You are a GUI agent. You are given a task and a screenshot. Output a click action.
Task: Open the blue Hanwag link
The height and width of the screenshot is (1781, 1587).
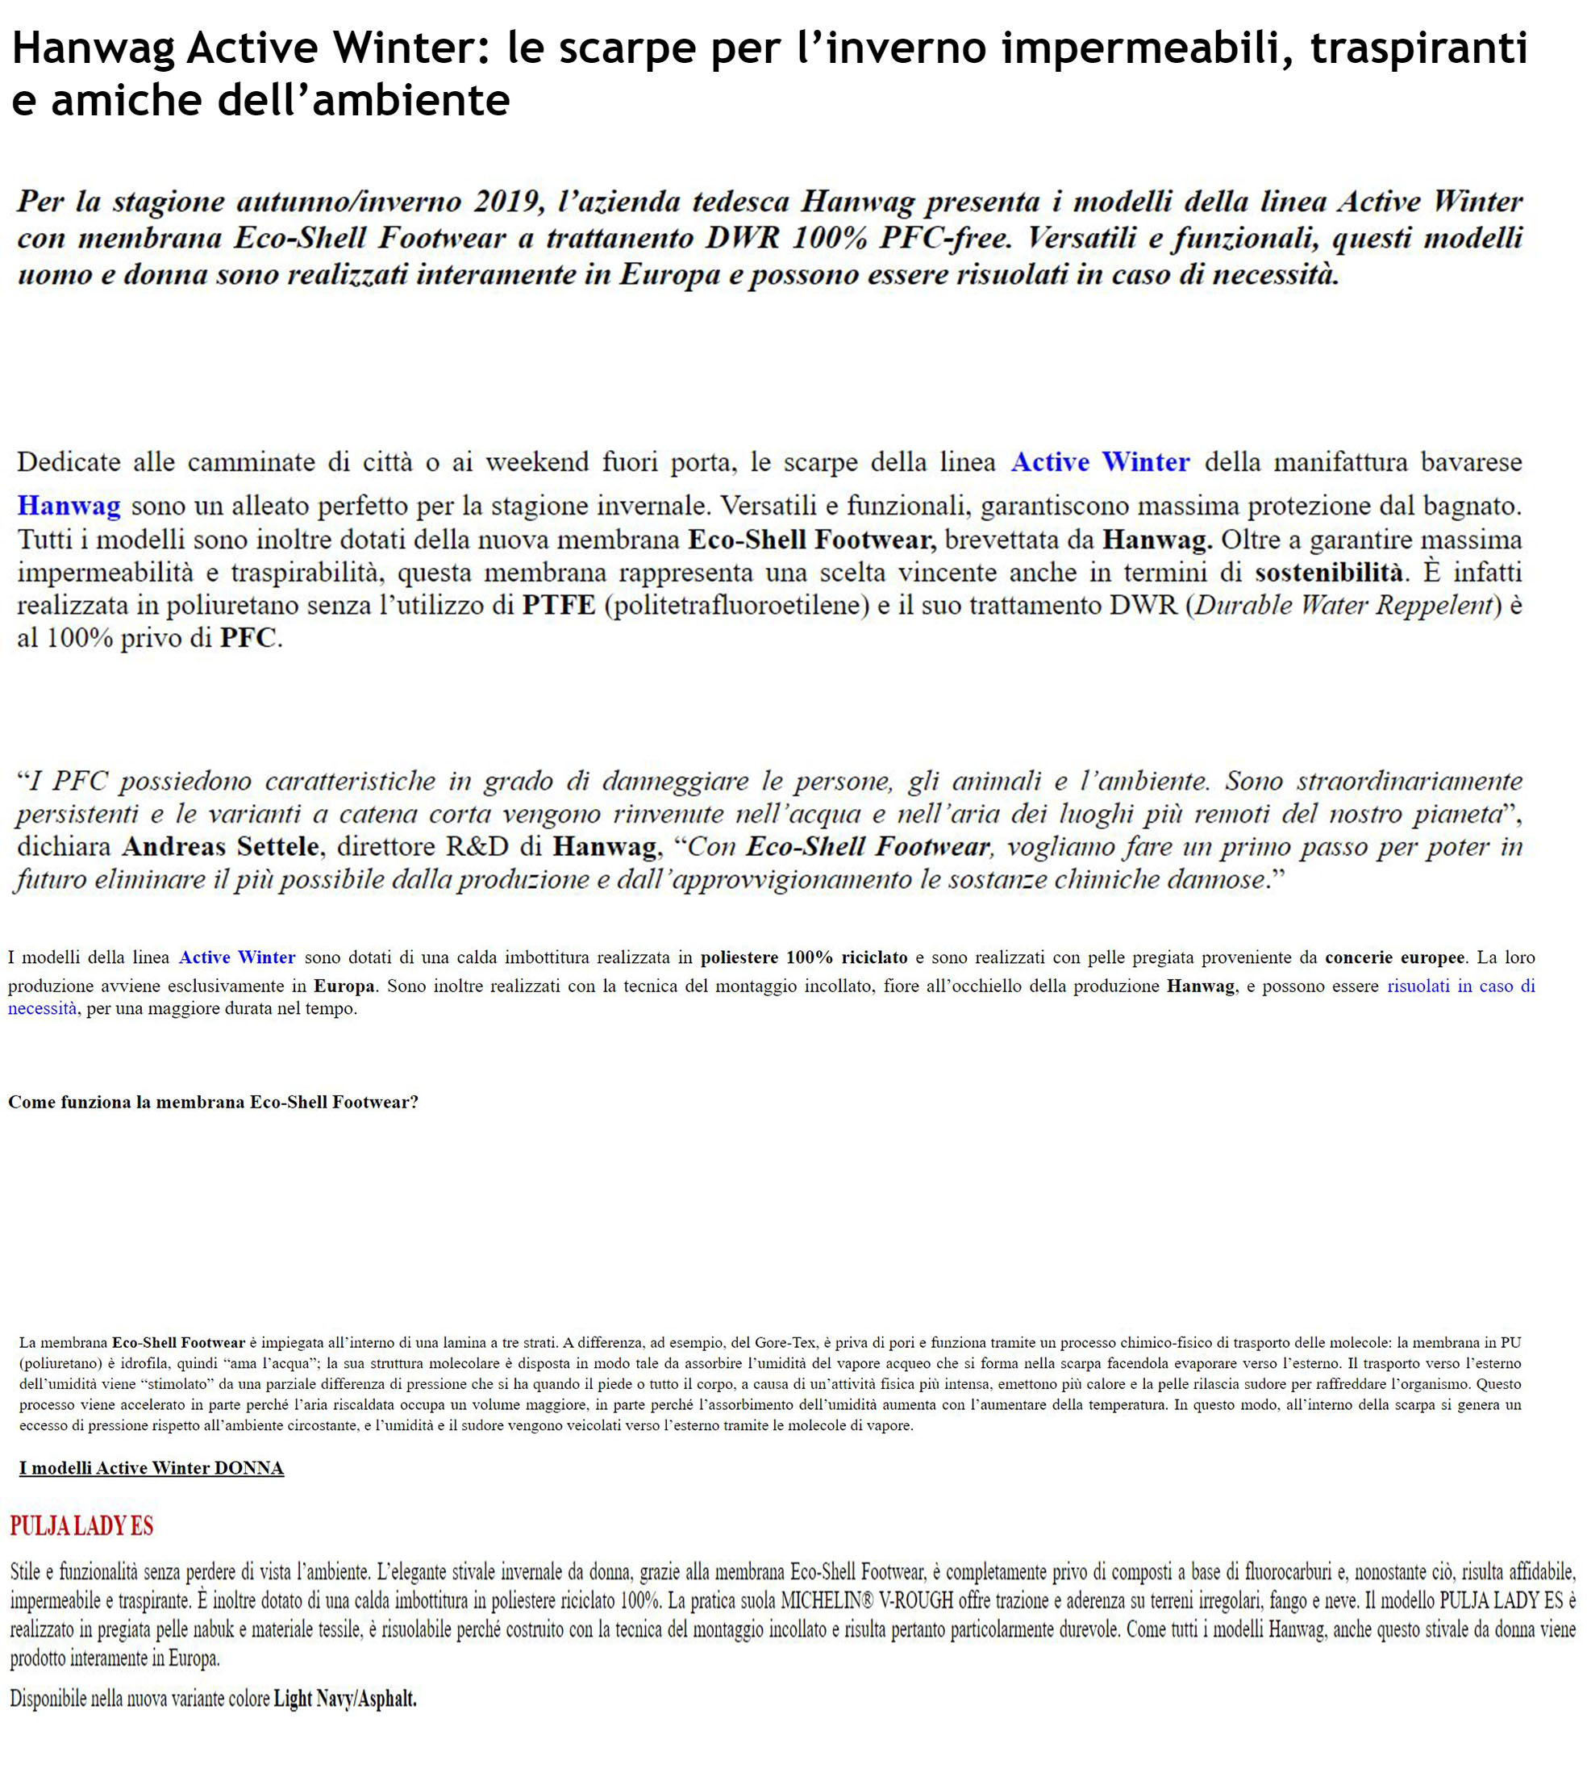68,506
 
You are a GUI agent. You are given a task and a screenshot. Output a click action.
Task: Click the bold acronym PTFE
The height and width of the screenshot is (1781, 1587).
558,605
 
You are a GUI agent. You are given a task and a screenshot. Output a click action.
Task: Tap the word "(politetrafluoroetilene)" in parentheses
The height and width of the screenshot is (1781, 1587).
741,605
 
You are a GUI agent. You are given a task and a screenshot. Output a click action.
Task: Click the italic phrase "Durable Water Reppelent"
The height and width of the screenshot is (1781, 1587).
1343,605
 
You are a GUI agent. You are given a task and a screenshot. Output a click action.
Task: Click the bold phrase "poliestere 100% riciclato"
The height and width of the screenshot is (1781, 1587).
803,957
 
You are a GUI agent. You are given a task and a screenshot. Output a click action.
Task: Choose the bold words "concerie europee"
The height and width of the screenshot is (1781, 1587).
1394,957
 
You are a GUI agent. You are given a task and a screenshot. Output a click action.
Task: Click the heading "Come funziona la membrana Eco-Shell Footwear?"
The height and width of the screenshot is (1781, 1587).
213,1103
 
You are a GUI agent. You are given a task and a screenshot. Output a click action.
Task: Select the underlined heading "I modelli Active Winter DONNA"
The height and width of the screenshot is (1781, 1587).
152,1468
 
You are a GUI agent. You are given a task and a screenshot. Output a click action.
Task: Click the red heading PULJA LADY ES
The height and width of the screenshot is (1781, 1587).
82,1526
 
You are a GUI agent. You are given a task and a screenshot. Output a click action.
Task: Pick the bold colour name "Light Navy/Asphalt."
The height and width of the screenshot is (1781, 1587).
345,1699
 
